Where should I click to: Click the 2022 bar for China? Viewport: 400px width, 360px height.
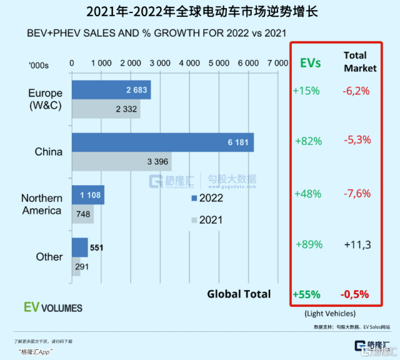[162, 142]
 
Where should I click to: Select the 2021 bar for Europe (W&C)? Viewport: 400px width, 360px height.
[106, 109]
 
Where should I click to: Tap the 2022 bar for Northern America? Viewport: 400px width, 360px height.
[88, 196]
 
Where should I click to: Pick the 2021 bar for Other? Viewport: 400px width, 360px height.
[81, 266]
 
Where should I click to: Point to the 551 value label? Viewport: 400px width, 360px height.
[96, 247]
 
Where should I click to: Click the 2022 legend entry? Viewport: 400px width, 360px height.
[207, 199]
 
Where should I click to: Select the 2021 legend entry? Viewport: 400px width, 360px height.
[207, 220]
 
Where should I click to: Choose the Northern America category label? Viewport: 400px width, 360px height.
[42, 204]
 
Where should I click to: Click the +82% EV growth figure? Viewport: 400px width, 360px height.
[308, 141]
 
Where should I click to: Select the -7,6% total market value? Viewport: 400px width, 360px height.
[357, 194]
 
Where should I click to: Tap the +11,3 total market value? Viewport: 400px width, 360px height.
[357, 244]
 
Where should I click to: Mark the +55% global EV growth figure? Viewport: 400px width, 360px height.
[306, 294]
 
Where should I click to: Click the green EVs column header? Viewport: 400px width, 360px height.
[311, 62]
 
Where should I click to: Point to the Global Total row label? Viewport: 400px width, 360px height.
[239, 294]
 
